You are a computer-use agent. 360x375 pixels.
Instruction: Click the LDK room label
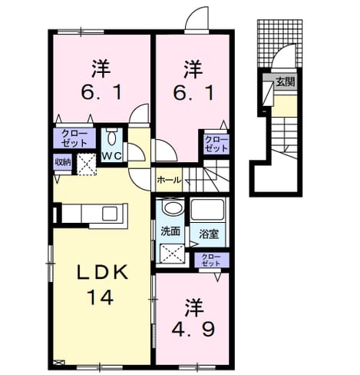tap(102, 273)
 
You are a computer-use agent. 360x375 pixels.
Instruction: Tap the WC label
tap(112, 156)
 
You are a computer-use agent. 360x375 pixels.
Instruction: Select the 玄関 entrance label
tap(285, 81)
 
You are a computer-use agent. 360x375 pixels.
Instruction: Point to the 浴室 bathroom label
tap(209, 234)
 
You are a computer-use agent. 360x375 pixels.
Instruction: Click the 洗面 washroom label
tap(170, 231)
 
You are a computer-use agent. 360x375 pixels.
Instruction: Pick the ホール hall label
tap(169, 180)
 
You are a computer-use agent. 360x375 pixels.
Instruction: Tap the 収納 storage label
tap(63, 161)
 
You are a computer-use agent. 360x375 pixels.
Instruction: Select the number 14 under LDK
tap(100, 297)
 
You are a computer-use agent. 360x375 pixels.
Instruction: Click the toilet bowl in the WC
tap(111, 138)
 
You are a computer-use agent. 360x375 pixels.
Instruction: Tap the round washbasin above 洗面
tap(173, 207)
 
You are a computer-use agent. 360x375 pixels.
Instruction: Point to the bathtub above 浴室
tap(207, 209)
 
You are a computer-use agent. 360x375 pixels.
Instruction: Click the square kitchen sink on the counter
tap(110, 214)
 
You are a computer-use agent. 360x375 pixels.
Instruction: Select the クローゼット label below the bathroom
tap(211, 260)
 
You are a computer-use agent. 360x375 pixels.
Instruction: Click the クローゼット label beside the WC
tap(74, 138)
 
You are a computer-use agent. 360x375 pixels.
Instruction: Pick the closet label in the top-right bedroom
tap(216, 144)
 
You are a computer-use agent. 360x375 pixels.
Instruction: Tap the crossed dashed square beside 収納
tap(87, 164)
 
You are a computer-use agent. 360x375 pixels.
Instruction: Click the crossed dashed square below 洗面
tap(172, 254)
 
